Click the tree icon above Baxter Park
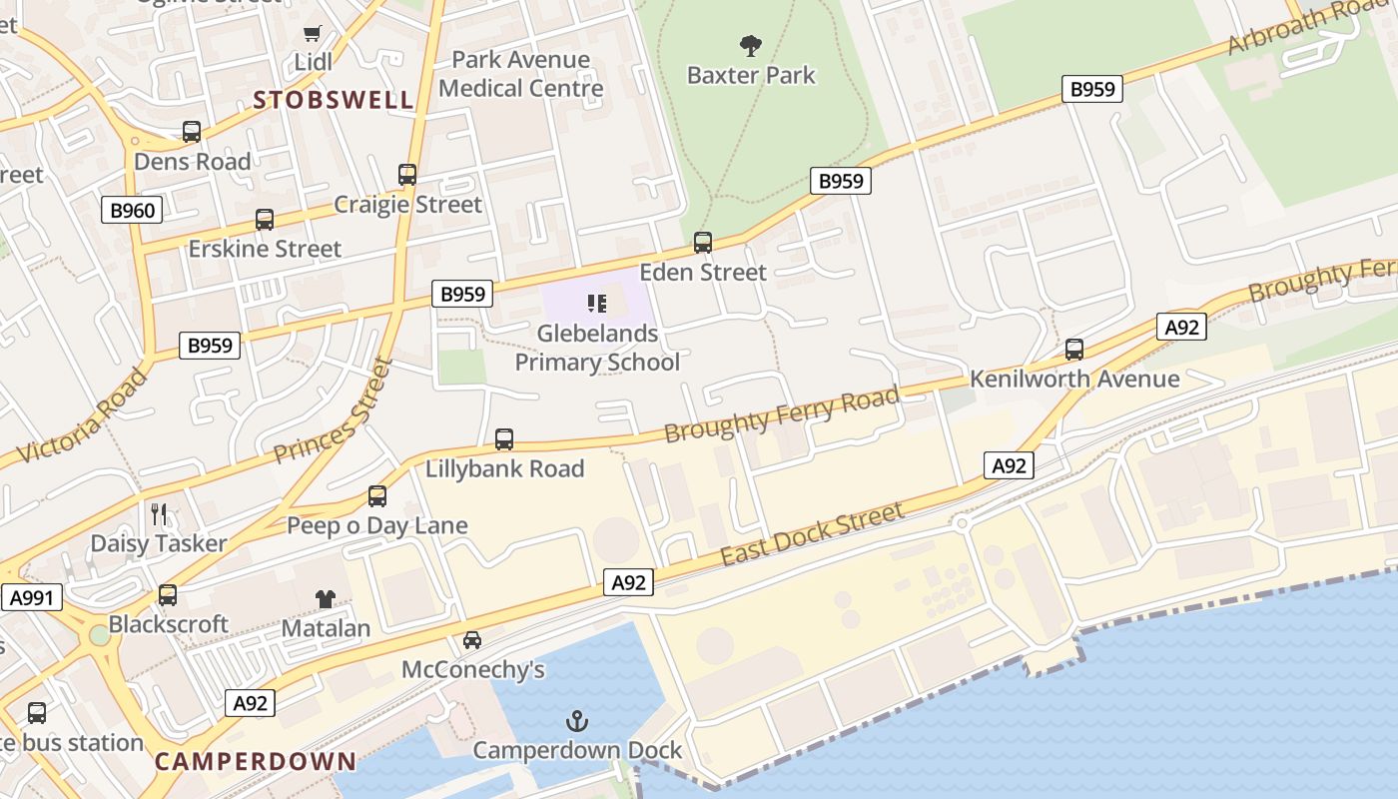click(750, 45)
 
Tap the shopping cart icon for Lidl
click(313, 33)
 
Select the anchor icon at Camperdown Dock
click(576, 720)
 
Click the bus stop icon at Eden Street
click(703, 242)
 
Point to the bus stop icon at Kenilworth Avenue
click(1074, 350)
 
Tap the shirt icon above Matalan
click(326, 598)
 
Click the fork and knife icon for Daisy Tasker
click(159, 514)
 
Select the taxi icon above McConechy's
click(472, 639)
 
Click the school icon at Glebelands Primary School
click(597, 303)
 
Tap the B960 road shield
click(132, 210)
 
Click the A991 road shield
click(31, 598)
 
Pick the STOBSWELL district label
click(333, 100)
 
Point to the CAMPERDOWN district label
click(256, 761)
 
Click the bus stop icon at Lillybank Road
click(504, 438)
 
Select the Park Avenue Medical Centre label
click(521, 74)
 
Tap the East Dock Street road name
click(811, 534)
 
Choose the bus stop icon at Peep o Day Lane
click(377, 496)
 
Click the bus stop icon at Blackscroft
click(168, 595)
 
